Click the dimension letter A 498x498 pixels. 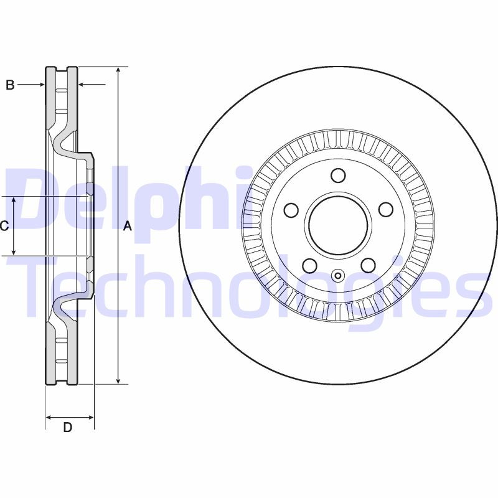tap(128, 226)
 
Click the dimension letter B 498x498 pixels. tap(10, 85)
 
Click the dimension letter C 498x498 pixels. tap(4, 226)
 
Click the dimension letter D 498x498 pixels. tap(68, 428)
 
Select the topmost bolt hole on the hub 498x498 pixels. tap(338, 176)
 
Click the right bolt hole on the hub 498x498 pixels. tap(385, 210)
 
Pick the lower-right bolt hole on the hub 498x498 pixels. tap(368, 266)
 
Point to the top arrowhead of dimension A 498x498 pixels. tap(117, 70)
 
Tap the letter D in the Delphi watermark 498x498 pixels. tap(37, 199)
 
